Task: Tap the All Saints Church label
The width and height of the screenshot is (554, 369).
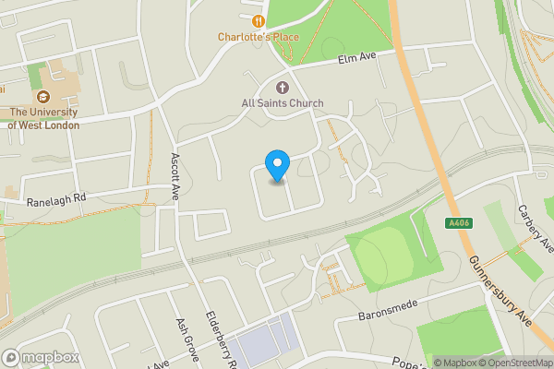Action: [283, 103]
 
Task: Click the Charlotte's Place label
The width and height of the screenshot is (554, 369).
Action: [259, 37]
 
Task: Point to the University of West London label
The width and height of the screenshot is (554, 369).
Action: [43, 119]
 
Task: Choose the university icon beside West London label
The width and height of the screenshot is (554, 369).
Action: [42, 97]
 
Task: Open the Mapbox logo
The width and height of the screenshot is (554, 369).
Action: [39, 358]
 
